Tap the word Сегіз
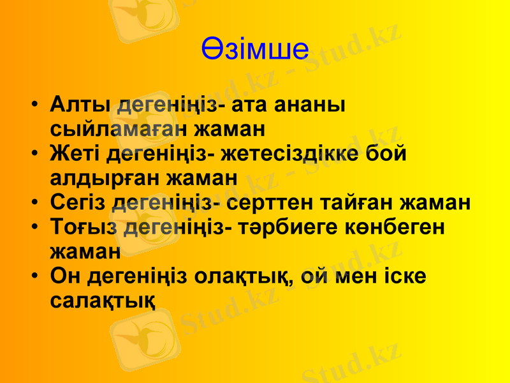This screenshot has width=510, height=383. (x=78, y=203)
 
